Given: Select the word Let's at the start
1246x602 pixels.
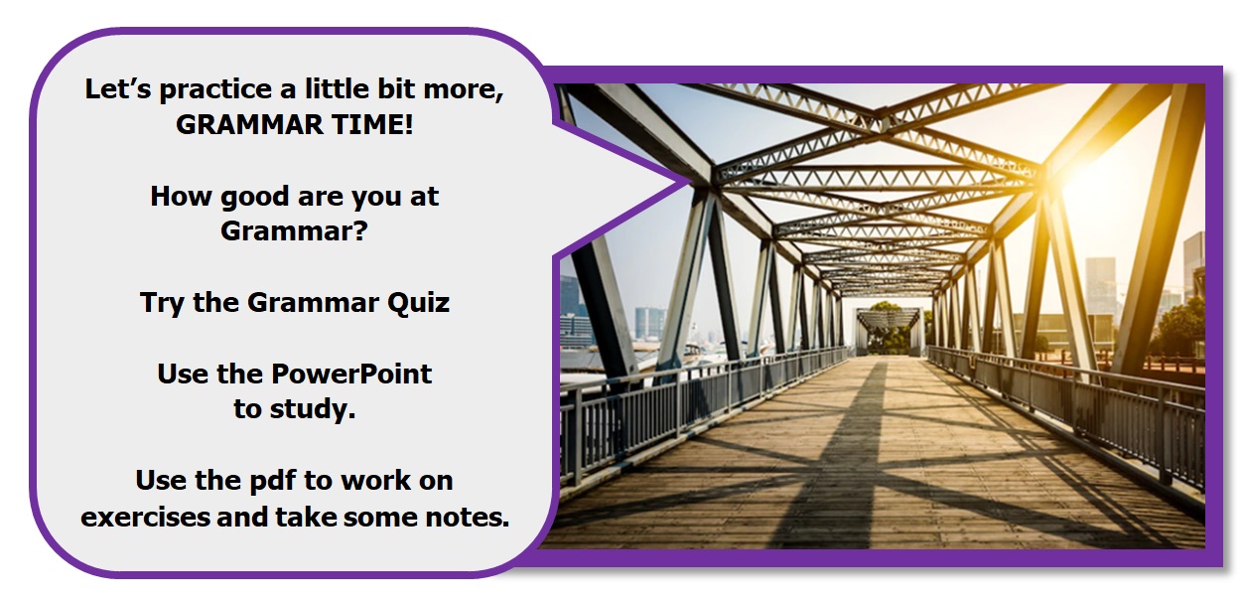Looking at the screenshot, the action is (117, 89).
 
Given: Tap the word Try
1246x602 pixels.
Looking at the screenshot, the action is (161, 304).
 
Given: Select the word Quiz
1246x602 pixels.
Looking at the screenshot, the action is (418, 304).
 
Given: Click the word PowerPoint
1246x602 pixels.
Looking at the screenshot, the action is (351, 374).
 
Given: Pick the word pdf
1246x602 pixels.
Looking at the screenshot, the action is (272, 481).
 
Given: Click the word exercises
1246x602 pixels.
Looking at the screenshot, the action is (145, 517).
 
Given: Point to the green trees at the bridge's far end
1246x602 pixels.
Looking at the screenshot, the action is (889, 330).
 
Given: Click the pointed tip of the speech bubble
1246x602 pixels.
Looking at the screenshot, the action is (690, 180).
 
